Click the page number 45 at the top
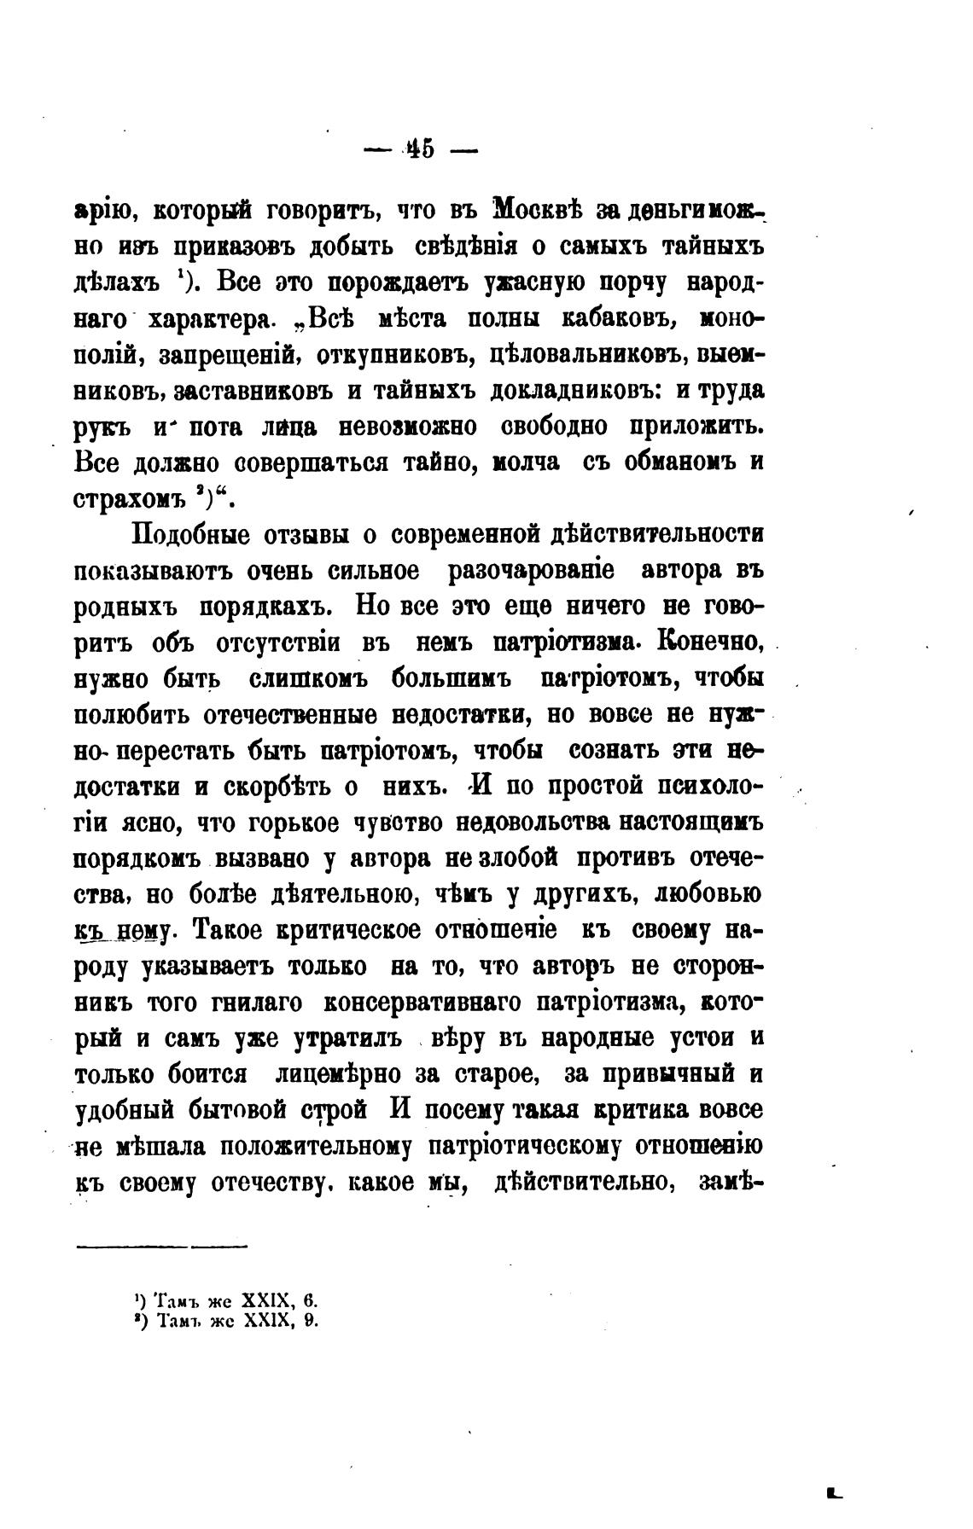(x=421, y=149)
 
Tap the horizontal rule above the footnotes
(x=162, y=1248)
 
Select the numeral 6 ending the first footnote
(x=311, y=1302)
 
